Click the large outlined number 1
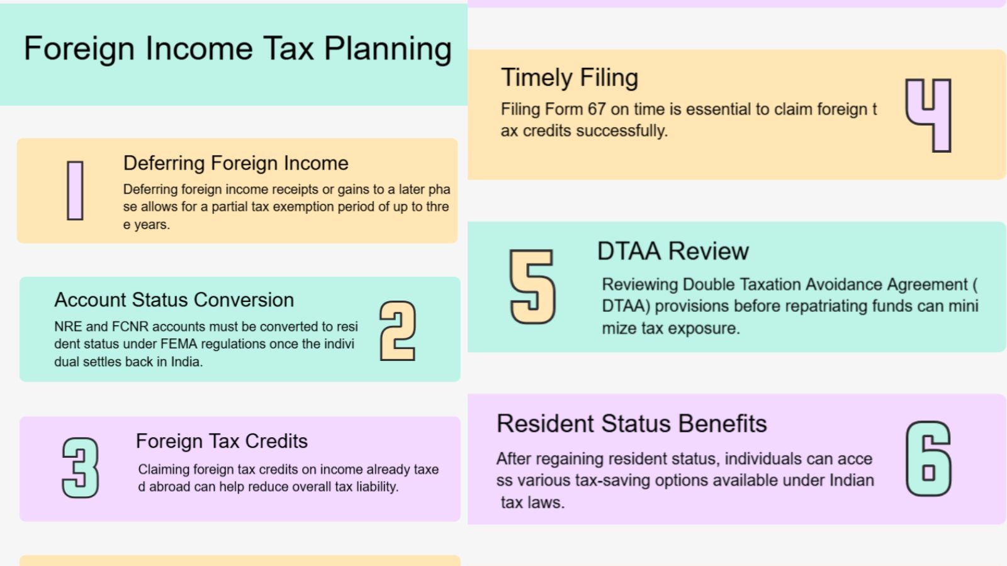[x=75, y=191]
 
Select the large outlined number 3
[x=81, y=468]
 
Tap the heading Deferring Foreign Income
[x=235, y=163]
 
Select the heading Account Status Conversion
[x=174, y=299]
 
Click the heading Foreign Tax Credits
[x=222, y=441]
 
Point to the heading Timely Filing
[x=570, y=78]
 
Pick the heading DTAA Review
[x=673, y=251]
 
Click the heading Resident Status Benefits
[x=632, y=424]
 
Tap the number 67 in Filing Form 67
[x=597, y=109]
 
